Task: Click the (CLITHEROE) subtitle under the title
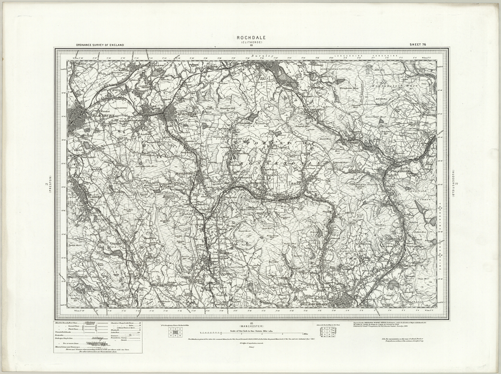coord(250,42)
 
